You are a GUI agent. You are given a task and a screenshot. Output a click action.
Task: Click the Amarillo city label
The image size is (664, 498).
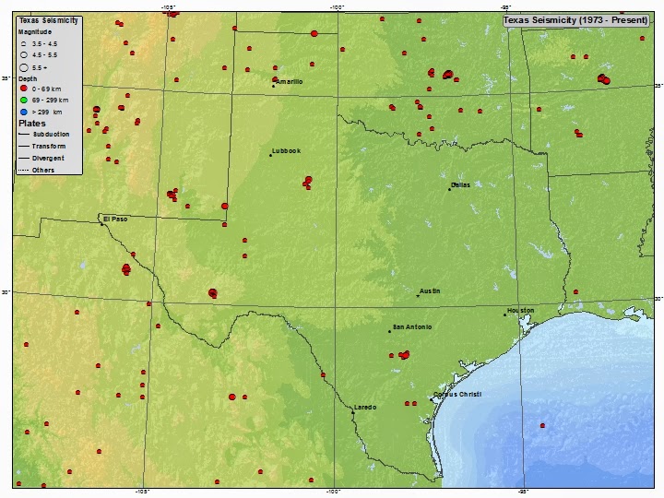(290, 82)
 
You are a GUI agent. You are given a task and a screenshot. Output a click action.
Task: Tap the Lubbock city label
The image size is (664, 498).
(287, 151)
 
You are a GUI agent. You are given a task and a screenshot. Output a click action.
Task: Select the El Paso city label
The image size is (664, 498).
(115, 219)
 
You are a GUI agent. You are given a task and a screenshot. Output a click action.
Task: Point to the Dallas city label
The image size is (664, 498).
(460, 184)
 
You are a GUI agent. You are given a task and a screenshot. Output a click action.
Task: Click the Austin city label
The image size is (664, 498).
(430, 291)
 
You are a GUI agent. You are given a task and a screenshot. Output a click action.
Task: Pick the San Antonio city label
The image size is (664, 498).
(411, 327)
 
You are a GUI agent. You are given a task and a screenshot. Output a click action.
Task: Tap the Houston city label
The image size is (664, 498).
(520, 311)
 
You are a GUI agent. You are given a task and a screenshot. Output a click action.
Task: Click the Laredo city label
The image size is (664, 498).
(366, 408)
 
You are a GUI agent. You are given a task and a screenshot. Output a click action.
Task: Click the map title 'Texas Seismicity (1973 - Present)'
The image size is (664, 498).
(575, 19)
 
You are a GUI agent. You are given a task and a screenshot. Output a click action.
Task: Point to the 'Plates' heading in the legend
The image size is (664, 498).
(32, 123)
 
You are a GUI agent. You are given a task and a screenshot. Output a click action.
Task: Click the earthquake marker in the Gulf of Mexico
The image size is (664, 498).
(542, 425)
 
